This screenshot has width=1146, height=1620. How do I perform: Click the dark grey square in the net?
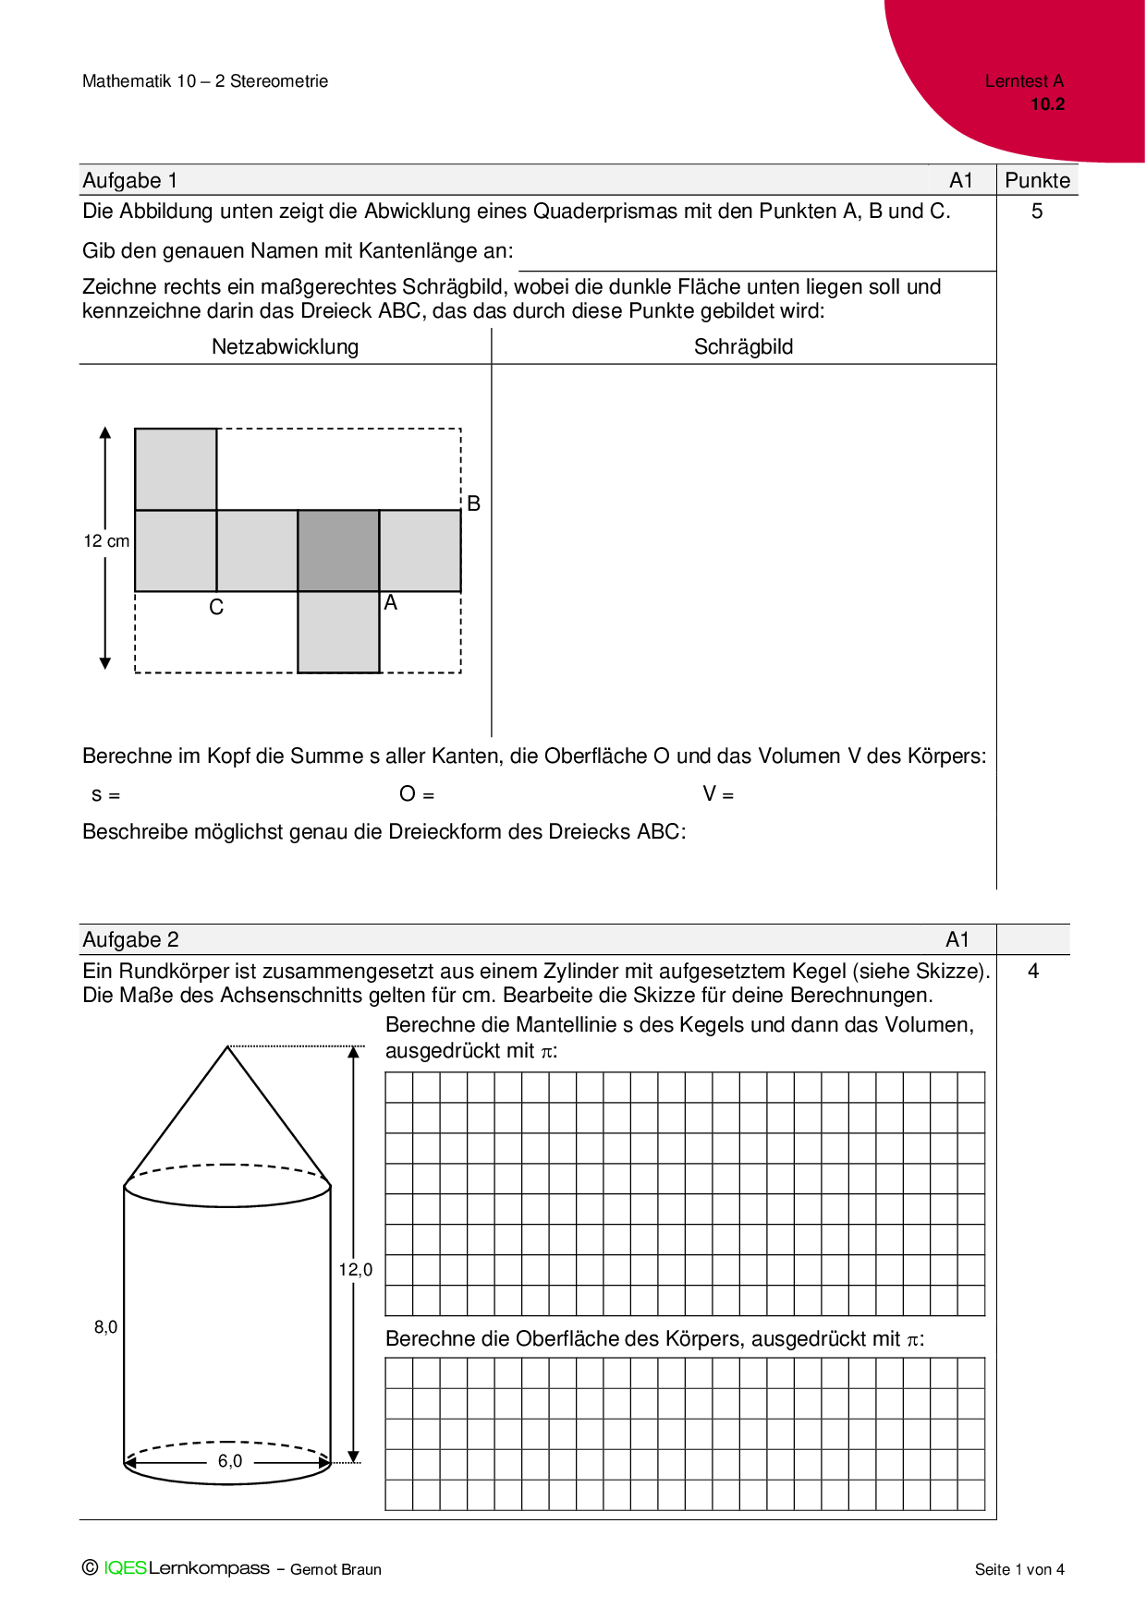pyautogui.click(x=338, y=550)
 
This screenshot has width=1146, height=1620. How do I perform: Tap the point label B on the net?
pyautogui.click(x=473, y=503)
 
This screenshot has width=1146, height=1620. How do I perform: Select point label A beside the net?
pyautogui.click(x=391, y=603)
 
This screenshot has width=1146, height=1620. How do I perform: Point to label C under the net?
pyautogui.click(x=216, y=608)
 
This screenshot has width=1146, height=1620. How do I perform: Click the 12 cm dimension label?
pyautogui.click(x=106, y=541)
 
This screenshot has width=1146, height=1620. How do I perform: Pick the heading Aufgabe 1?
pyautogui.click(x=130, y=180)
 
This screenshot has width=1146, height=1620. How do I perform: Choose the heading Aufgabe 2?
pyautogui.click(x=130, y=939)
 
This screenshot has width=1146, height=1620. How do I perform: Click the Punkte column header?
pyautogui.click(x=1037, y=180)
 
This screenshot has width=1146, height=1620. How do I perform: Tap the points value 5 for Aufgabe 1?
pyautogui.click(x=1037, y=212)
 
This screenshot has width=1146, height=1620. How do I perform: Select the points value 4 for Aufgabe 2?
pyautogui.click(x=1033, y=971)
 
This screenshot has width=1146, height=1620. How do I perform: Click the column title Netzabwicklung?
pyautogui.click(x=285, y=346)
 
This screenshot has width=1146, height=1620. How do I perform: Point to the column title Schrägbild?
pyautogui.click(x=743, y=346)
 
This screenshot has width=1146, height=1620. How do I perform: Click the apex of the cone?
pyautogui.click(x=227, y=1046)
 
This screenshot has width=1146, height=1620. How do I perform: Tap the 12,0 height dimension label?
pyautogui.click(x=355, y=1270)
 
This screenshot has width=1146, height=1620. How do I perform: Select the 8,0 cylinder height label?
pyautogui.click(x=106, y=1327)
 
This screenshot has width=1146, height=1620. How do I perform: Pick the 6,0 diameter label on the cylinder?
pyautogui.click(x=230, y=1461)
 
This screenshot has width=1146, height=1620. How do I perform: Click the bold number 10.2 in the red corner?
pyautogui.click(x=1047, y=104)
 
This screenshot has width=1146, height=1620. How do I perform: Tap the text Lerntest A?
pyautogui.click(x=1024, y=81)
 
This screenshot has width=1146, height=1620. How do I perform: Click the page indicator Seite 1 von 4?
pyautogui.click(x=1019, y=1569)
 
